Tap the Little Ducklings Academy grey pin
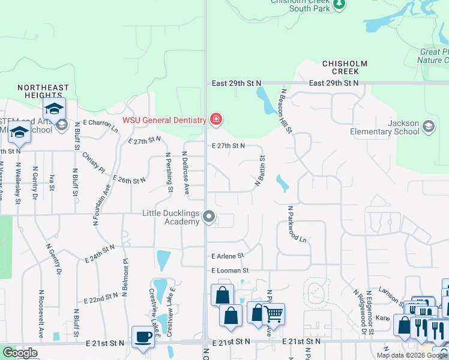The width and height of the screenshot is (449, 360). point(209,216)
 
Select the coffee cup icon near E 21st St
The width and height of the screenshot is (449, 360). point(142,337)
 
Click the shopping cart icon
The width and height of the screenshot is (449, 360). point(273,313)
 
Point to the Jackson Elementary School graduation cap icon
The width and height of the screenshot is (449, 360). point(428,127)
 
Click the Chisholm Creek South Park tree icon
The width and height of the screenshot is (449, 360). point(340,4)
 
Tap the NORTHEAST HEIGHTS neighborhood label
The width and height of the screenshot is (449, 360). point(43,92)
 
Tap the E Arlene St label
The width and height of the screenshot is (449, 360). point(228,256)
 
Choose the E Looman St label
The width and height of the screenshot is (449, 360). point(229,271)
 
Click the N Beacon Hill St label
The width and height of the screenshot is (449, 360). point(285,111)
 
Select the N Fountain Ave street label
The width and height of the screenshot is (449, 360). point(102,205)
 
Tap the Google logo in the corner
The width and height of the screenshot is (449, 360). point(20,353)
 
